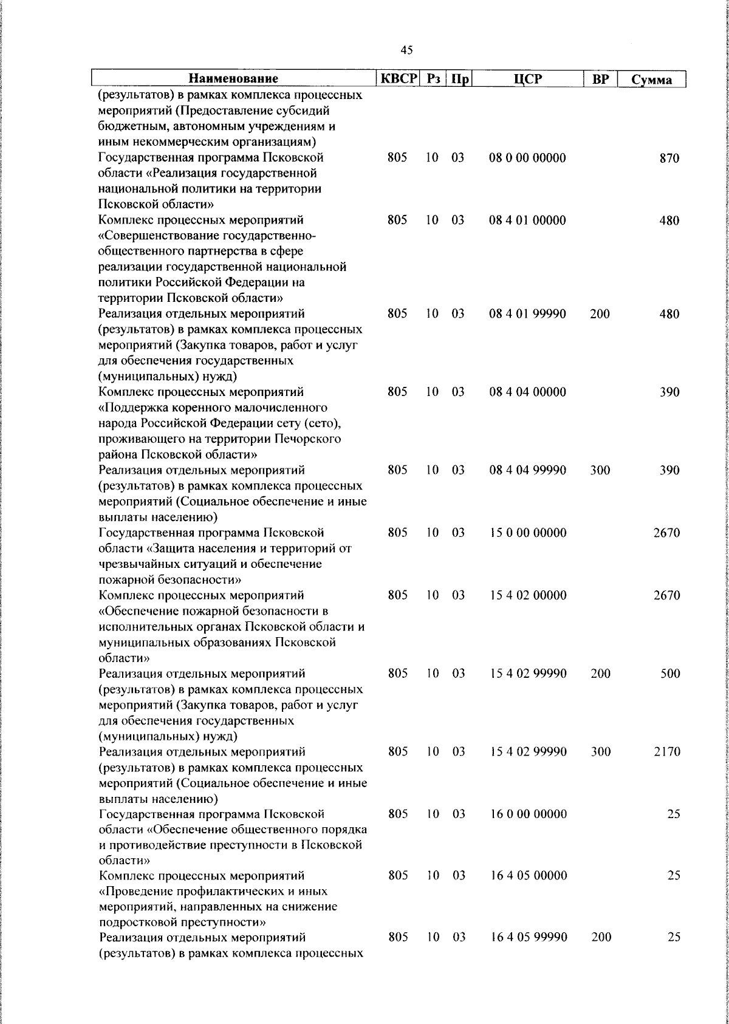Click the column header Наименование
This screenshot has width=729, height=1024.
pos(233,79)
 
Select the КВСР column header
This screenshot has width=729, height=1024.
pos(399,79)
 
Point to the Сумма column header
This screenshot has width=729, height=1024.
pos(651,80)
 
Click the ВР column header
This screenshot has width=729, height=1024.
pos(600,79)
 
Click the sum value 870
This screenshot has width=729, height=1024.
pos(669,159)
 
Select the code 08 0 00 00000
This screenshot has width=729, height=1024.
pos(527,158)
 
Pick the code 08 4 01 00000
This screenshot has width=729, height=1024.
pos(527,220)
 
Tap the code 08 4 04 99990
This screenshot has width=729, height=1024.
pos(527,470)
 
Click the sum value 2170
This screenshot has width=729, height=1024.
pos(666,752)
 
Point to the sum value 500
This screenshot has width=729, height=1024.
pos(669,674)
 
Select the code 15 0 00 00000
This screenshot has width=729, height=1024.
pos(527,533)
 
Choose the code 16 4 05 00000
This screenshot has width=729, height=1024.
pos(527,876)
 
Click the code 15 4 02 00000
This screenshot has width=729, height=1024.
pos(527,595)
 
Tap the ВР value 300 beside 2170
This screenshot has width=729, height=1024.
pos(600,752)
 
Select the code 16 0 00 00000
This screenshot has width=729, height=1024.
pos(527,814)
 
